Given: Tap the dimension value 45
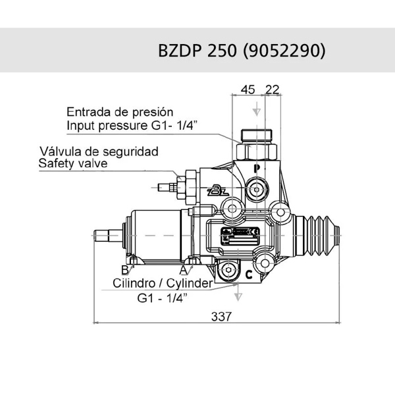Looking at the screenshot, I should click(x=247, y=90).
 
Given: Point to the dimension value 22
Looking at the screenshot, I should click(x=273, y=90).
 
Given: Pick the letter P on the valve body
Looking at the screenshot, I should click(x=258, y=169).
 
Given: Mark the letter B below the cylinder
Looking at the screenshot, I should click(x=124, y=269).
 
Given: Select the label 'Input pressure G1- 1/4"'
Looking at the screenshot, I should click(x=128, y=124).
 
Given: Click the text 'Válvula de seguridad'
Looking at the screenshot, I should click(x=99, y=151).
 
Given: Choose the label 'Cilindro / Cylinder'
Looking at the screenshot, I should click(x=162, y=284).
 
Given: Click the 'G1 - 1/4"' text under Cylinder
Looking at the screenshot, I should click(x=162, y=298).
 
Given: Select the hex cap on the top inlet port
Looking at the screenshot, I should click(x=257, y=137).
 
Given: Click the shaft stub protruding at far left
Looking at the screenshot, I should click(x=106, y=234).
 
